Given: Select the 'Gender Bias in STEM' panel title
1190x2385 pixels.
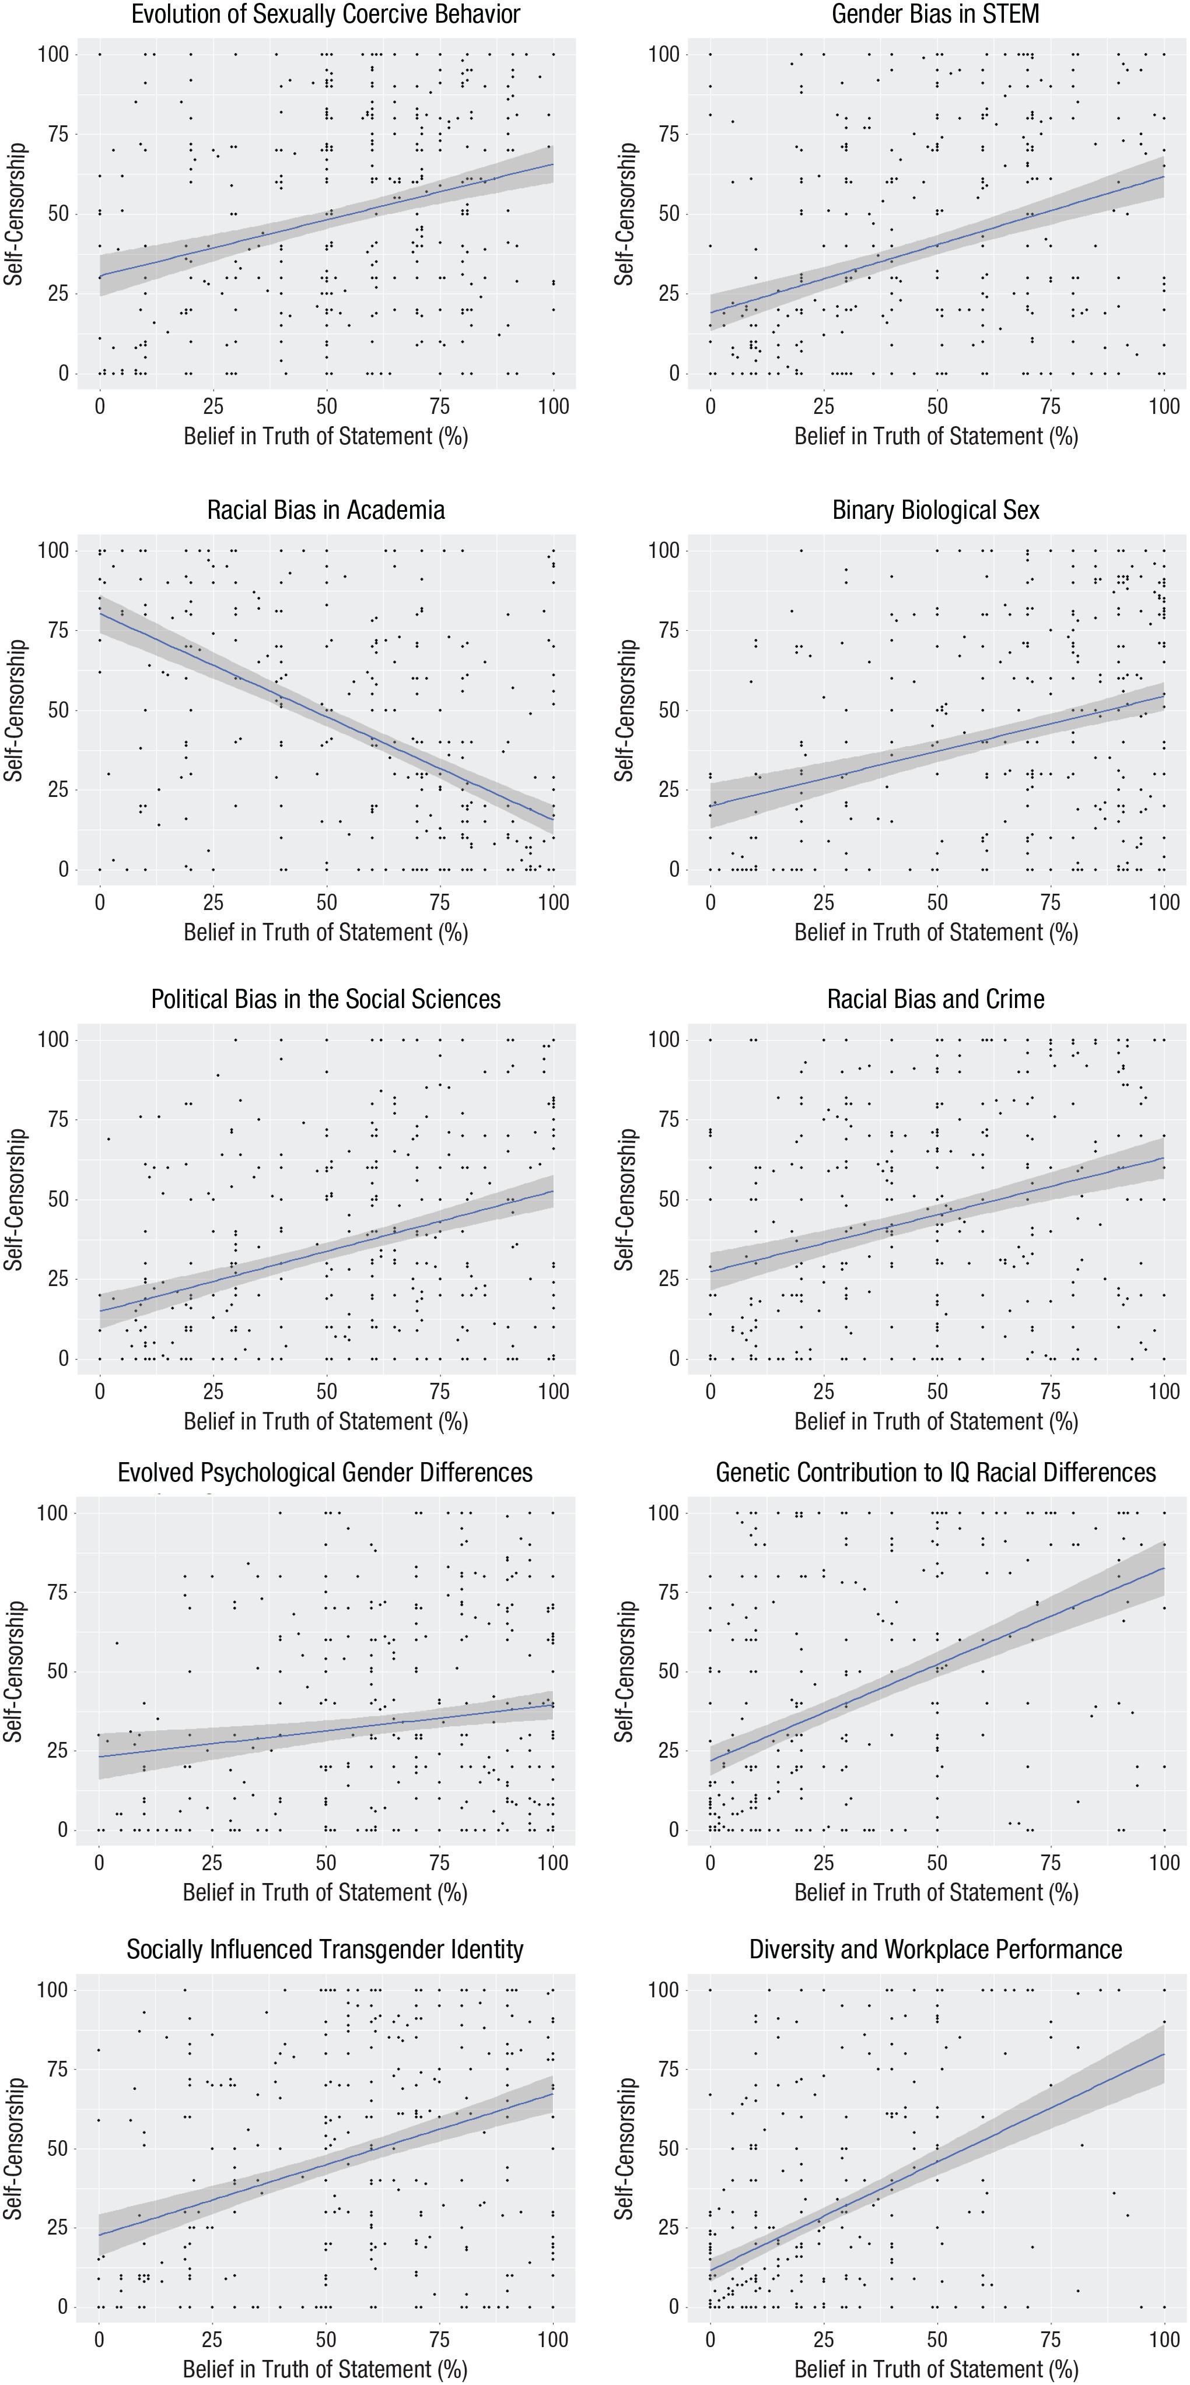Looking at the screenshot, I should [x=935, y=14].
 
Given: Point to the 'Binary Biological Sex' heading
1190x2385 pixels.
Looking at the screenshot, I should [x=935, y=510].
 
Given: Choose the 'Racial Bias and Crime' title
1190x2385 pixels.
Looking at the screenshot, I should [x=935, y=999].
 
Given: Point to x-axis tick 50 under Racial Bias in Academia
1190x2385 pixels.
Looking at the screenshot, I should [x=326, y=902].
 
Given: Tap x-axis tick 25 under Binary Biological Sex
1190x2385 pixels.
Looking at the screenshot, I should [x=823, y=902].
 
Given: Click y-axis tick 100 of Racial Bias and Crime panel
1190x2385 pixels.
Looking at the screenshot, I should [x=663, y=1039].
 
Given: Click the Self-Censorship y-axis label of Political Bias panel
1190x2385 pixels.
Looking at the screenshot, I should [x=14, y=1199].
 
